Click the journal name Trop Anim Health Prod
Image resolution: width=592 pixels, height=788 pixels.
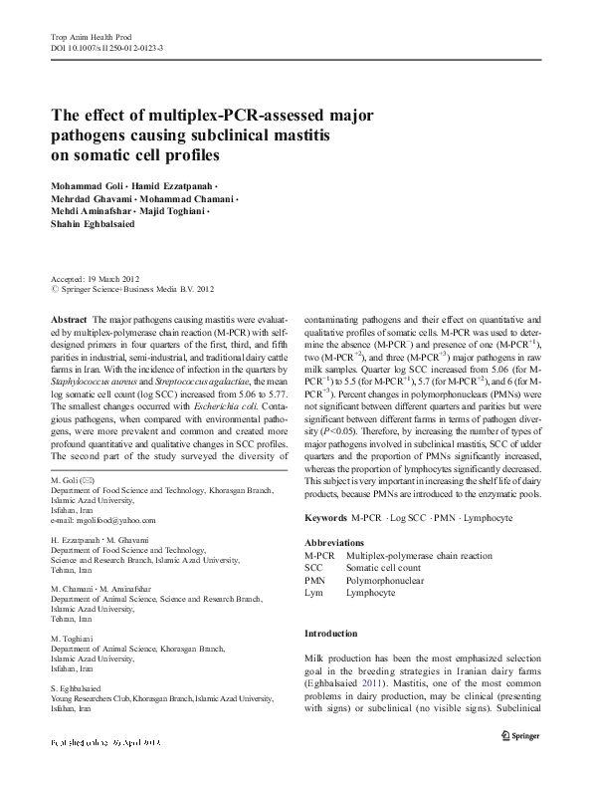(91, 36)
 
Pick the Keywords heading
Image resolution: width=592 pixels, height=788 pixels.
(325, 519)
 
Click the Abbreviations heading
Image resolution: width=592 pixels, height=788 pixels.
(337, 542)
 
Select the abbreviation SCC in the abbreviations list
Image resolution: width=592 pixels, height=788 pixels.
(313, 567)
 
